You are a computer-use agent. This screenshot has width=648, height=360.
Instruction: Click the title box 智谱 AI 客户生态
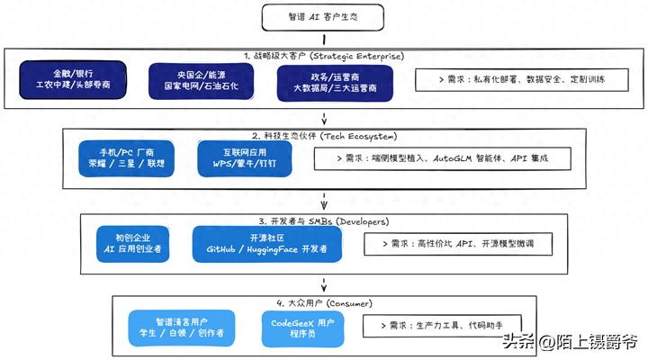(322, 15)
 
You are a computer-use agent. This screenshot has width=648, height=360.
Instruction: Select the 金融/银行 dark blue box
(74, 80)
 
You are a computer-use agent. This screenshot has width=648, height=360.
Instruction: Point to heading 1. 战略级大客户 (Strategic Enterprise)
(322, 54)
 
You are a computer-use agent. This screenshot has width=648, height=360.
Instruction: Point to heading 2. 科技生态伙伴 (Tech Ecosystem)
(322, 132)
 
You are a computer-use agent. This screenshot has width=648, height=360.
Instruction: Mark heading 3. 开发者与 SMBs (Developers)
(322, 220)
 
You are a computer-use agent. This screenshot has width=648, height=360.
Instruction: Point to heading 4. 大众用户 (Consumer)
(322, 302)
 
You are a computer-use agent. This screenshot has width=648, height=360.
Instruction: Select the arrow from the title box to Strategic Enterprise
(322, 39)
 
